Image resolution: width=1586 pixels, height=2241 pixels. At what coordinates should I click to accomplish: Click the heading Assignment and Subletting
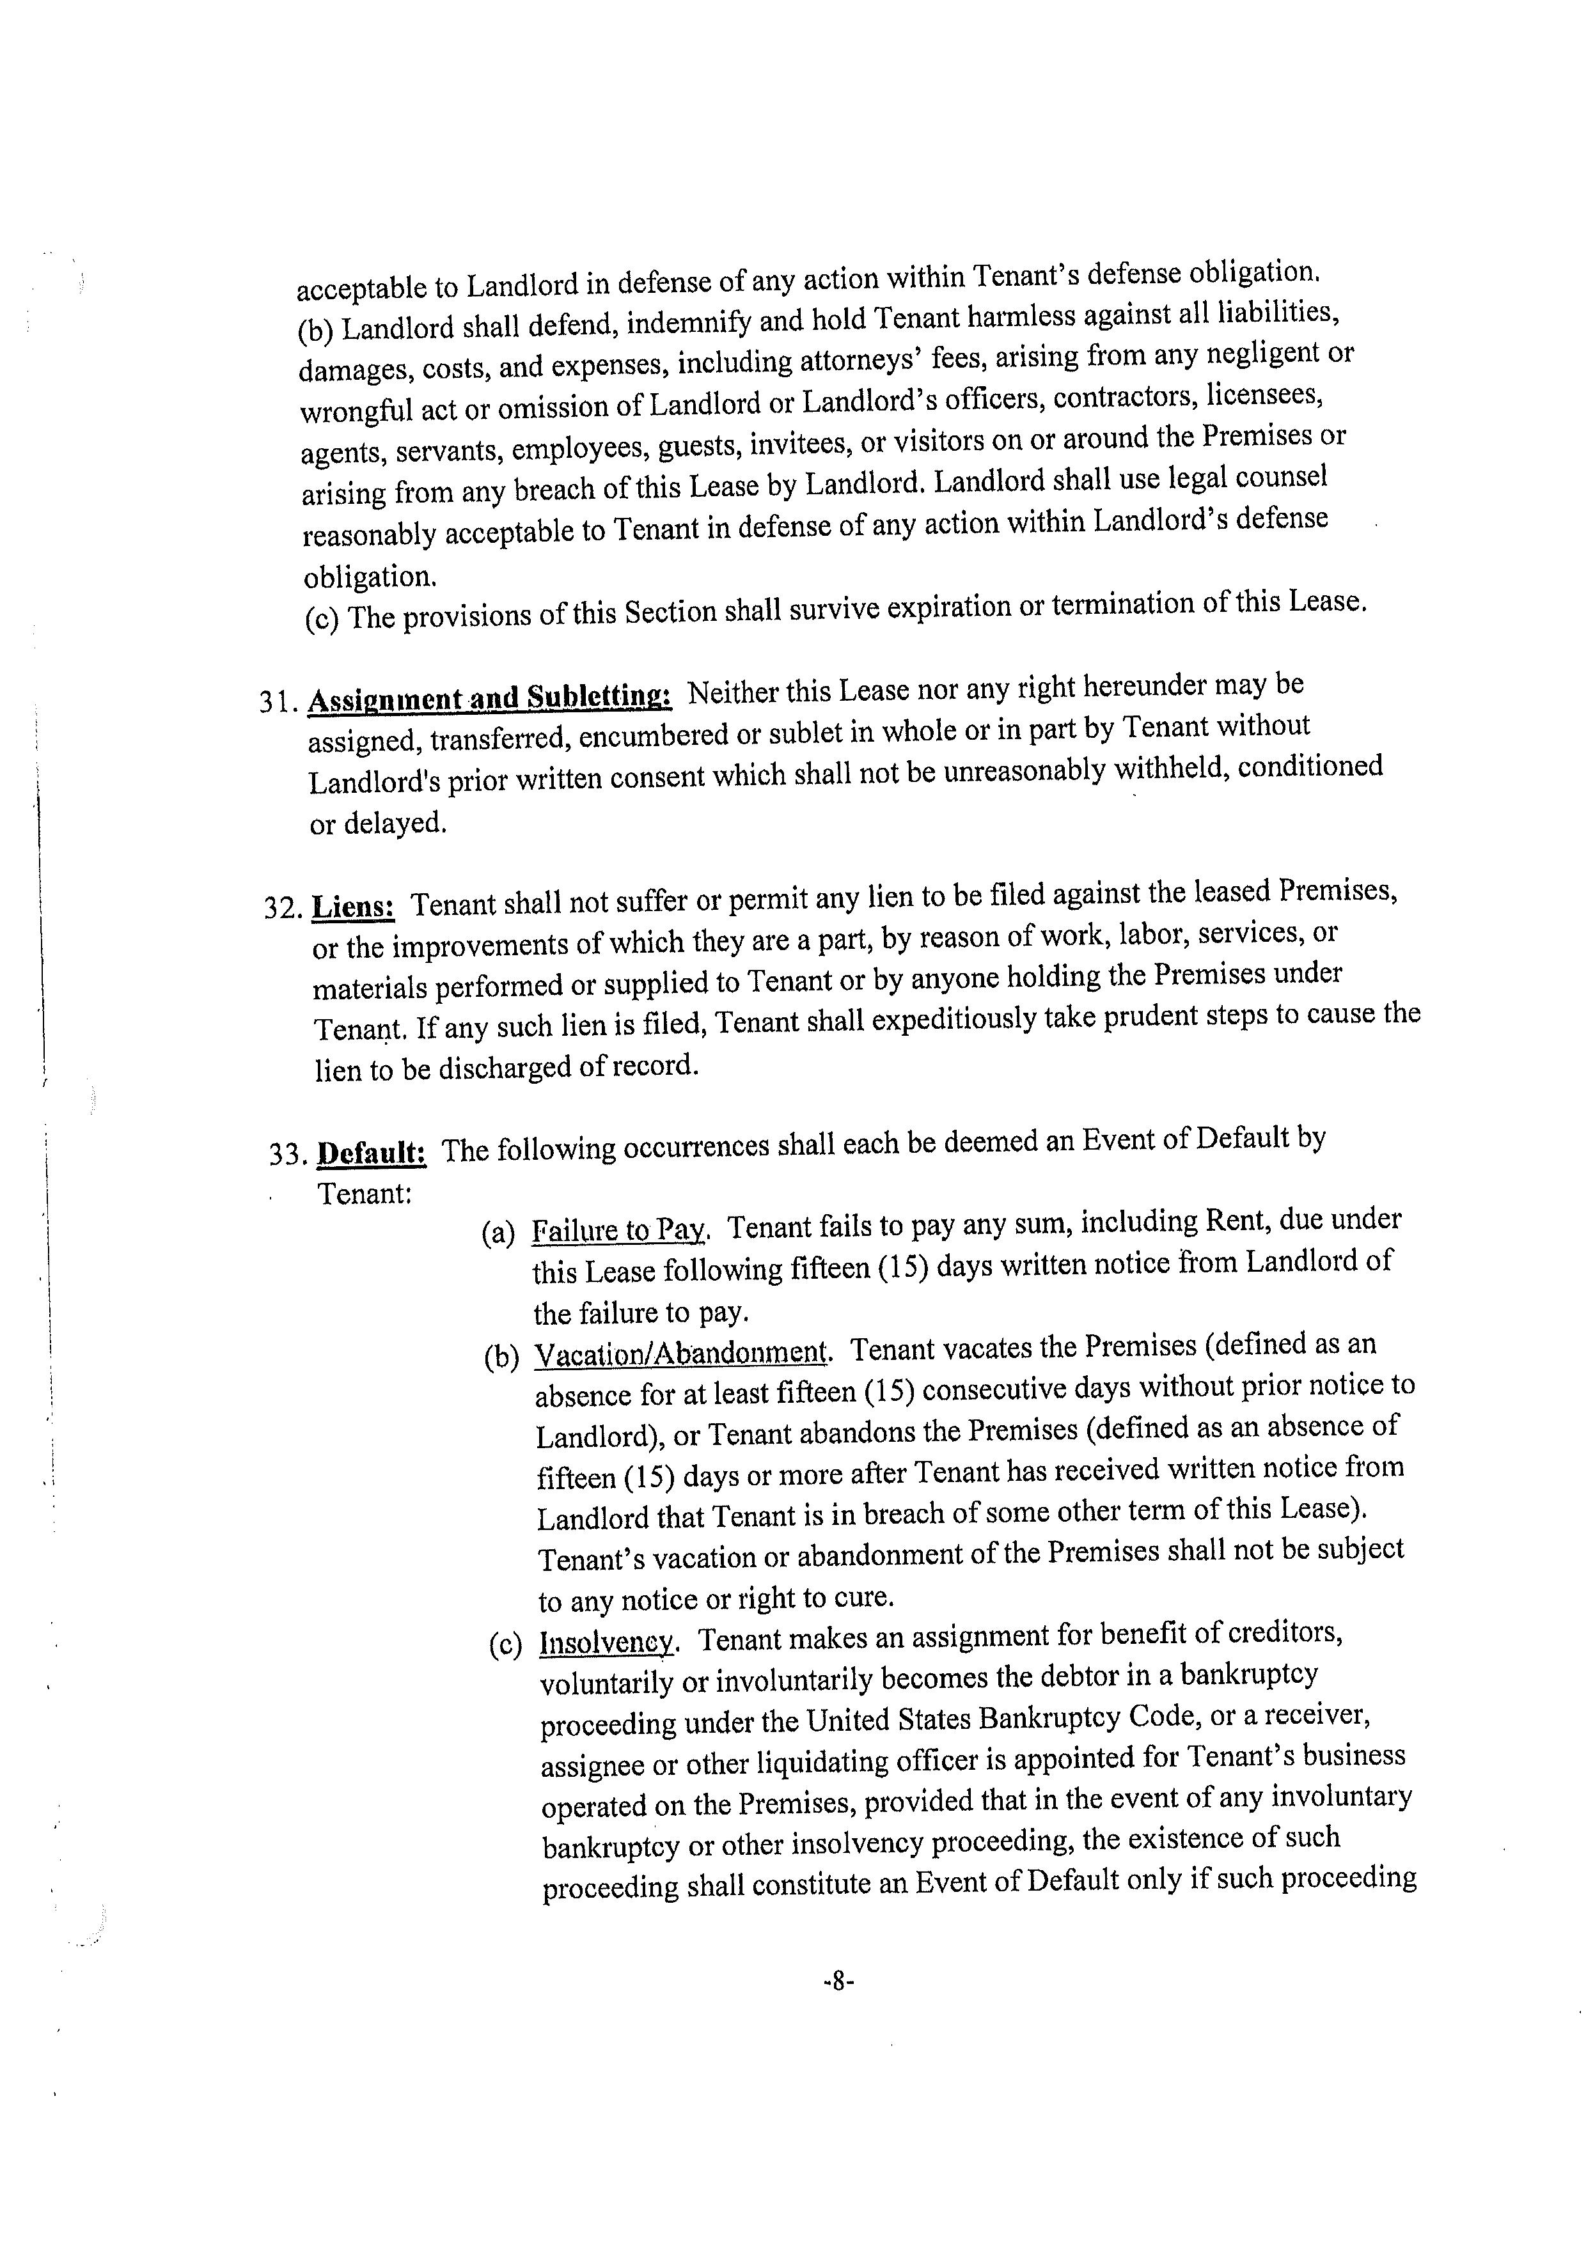pyautogui.click(x=489, y=698)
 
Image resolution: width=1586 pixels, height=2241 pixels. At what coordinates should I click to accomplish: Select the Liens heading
pyautogui.click(x=352, y=906)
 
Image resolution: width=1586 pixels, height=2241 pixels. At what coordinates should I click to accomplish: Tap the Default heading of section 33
pyautogui.click(x=372, y=1152)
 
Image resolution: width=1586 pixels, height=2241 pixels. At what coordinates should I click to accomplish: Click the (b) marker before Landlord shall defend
pyautogui.click(x=315, y=330)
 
